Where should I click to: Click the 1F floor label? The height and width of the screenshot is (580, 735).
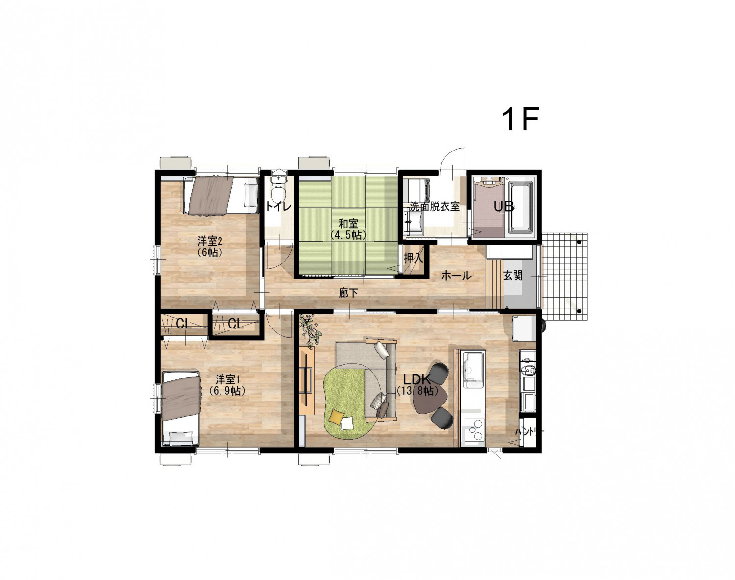pyautogui.click(x=520, y=119)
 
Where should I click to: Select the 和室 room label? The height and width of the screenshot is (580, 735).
pyautogui.click(x=348, y=224)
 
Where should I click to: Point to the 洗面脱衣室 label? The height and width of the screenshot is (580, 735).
pyautogui.click(x=435, y=206)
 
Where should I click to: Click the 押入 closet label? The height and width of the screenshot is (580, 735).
pyautogui.click(x=413, y=258)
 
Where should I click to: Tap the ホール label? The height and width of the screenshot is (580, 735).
pyautogui.click(x=457, y=276)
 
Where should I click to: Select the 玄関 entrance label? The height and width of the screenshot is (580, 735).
pyautogui.click(x=513, y=276)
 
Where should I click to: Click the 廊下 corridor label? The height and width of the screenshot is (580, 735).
pyautogui.click(x=348, y=293)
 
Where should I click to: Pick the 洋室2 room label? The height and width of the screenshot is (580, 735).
pyautogui.click(x=210, y=242)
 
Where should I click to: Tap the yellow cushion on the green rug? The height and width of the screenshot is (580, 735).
pyautogui.click(x=336, y=416)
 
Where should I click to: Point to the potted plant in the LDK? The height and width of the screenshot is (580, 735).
pyautogui.click(x=310, y=330)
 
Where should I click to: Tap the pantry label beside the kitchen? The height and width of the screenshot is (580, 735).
pyautogui.click(x=529, y=432)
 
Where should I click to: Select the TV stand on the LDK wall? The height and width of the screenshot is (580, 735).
pyautogui.click(x=307, y=380)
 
